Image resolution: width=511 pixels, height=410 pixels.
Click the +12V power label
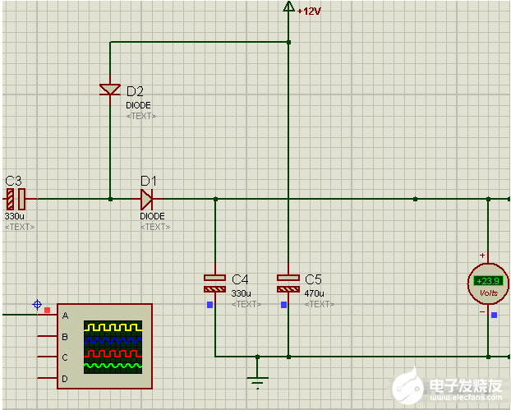(x=308, y=12)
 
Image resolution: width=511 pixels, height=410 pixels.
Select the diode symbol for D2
(x=110, y=89)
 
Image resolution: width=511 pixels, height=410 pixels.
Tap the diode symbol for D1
(x=146, y=199)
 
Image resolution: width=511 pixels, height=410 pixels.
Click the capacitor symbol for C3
(x=16, y=199)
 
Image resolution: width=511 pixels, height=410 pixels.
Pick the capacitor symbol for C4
(x=214, y=283)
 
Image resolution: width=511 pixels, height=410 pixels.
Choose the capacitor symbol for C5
(x=288, y=283)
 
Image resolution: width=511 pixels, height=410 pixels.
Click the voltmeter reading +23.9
(x=488, y=281)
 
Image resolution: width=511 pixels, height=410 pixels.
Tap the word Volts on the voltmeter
(x=488, y=293)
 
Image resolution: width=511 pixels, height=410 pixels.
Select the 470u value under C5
(x=314, y=293)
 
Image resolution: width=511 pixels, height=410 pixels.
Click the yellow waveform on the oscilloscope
(x=113, y=328)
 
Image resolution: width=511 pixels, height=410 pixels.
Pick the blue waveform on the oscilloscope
(x=113, y=339)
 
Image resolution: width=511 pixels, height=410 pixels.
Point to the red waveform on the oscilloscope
(x=113, y=352)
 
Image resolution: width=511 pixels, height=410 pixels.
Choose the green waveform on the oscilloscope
(x=113, y=363)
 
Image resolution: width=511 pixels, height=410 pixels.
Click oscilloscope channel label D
(x=64, y=378)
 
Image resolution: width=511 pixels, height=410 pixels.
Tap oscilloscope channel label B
(x=64, y=336)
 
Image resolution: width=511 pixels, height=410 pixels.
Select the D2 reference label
(x=135, y=90)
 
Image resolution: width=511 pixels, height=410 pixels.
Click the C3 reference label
(x=13, y=181)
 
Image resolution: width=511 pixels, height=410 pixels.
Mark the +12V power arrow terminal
(x=288, y=7)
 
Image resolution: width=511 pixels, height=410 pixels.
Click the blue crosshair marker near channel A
(x=37, y=305)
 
